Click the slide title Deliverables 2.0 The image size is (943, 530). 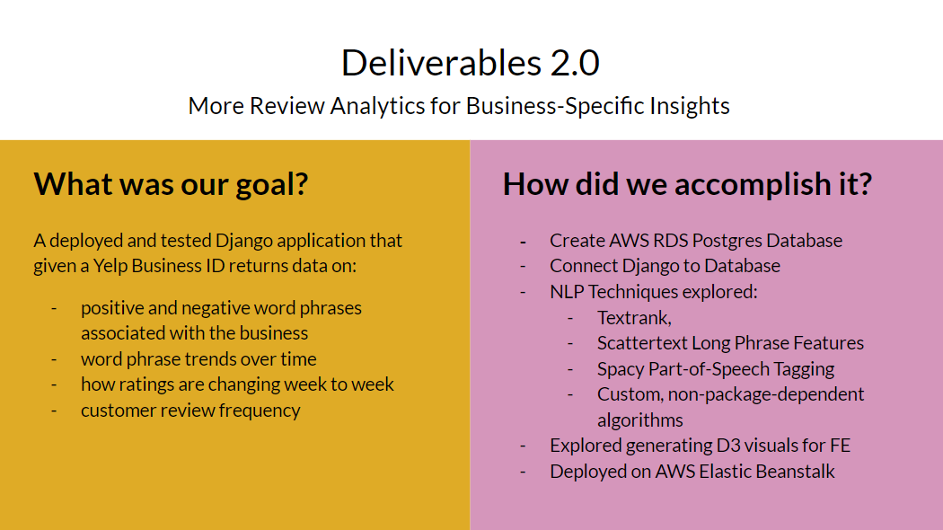pos(471,63)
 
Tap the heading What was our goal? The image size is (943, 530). pos(171,184)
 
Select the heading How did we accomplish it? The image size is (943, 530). pos(687,184)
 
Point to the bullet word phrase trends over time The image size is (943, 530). pos(198,359)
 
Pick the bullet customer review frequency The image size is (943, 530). pos(190,411)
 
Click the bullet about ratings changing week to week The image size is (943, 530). pos(237,384)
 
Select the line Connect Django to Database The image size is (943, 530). pos(665,266)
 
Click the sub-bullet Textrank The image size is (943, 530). pos(634,318)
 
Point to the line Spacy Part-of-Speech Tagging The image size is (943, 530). pos(716,369)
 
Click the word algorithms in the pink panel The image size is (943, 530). pos(639,420)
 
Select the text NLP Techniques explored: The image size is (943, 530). pos(654,292)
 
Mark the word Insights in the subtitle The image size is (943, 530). pos(690,106)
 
